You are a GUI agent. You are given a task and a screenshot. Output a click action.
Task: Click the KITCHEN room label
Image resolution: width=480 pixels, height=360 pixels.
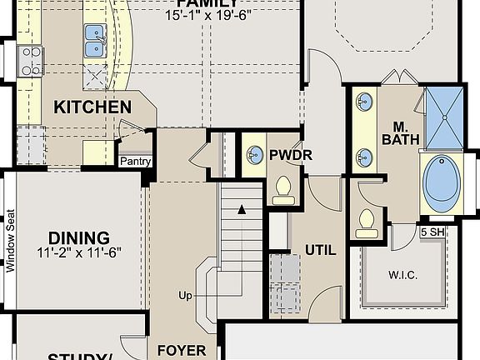pyautogui.click(x=92, y=107)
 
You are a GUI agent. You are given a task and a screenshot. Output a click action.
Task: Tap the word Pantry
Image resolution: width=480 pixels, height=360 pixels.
pyautogui.click(x=135, y=161)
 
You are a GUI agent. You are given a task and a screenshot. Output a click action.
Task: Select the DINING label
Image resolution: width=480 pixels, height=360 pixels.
pyautogui.click(x=79, y=237)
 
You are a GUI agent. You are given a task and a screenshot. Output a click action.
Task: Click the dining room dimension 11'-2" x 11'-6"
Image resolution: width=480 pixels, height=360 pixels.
pyautogui.click(x=79, y=252)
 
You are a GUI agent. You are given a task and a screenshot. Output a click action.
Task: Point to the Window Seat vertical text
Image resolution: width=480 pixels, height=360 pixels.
pyautogui.click(x=11, y=240)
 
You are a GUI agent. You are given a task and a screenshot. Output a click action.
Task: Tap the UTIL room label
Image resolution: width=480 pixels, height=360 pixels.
pyautogui.click(x=320, y=248)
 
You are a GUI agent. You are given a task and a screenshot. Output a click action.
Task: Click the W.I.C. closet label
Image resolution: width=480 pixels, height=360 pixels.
pyautogui.click(x=402, y=274)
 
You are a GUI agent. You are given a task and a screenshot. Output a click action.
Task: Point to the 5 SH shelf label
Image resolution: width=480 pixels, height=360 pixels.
pyautogui.click(x=432, y=232)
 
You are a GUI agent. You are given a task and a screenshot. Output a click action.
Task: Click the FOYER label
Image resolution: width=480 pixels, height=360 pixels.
pyautogui.click(x=182, y=351)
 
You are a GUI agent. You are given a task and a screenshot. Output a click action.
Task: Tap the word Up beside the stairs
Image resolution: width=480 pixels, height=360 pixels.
pyautogui.click(x=185, y=295)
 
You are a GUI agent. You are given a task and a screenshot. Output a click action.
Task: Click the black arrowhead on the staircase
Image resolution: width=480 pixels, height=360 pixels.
pyautogui.click(x=242, y=209)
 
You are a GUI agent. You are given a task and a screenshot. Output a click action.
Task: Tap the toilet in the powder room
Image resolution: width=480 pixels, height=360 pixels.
pyautogui.click(x=282, y=189)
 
